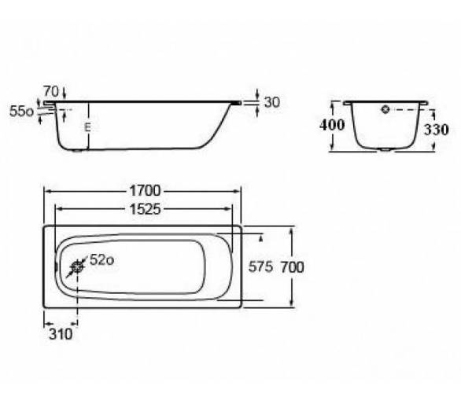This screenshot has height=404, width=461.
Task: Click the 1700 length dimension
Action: point(145,191)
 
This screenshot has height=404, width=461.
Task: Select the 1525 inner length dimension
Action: point(145,209)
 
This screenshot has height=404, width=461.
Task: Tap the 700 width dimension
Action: point(292,267)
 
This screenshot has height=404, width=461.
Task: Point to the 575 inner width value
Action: point(260,267)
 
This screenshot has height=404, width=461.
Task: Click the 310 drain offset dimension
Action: point(61,334)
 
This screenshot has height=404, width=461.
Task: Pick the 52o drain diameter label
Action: point(101,259)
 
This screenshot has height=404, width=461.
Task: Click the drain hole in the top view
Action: point(77,267)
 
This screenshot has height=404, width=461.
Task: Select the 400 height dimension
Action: point(332,125)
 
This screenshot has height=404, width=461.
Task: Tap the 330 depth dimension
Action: point(436,130)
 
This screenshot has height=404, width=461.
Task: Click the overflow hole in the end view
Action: point(385,109)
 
